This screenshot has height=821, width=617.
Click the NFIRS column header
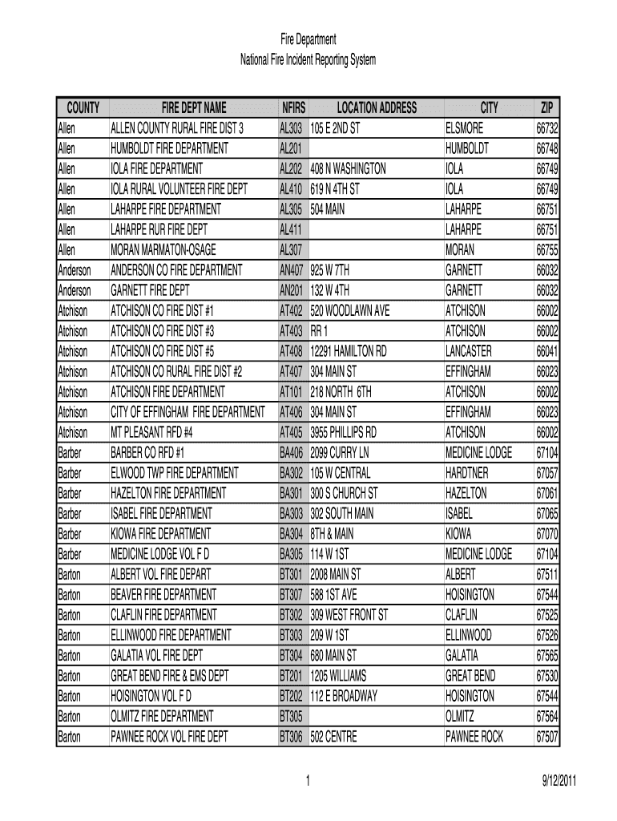pyautogui.click(x=292, y=108)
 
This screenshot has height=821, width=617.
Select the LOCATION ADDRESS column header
pyautogui.click(x=377, y=108)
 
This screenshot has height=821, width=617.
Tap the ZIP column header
pyautogui.click(x=546, y=108)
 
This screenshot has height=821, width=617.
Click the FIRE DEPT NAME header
pyautogui.click(x=194, y=108)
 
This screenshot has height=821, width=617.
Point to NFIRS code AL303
pyautogui.click(x=290, y=128)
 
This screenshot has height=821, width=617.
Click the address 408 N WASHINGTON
pyautogui.click(x=348, y=169)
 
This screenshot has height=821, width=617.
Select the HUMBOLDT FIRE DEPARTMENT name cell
pyautogui.click(x=169, y=148)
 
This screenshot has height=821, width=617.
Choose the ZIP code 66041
pyautogui.click(x=547, y=351)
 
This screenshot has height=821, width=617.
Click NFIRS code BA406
pyautogui.click(x=291, y=453)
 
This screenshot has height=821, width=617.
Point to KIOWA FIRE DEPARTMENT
pyautogui.click(x=161, y=534)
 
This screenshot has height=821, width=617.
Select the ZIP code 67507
pyautogui.click(x=547, y=737)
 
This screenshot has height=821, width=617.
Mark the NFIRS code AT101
pyautogui.click(x=290, y=392)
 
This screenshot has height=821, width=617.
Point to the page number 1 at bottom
pyautogui.click(x=308, y=782)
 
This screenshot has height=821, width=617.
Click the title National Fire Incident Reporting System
pyautogui.click(x=308, y=60)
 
